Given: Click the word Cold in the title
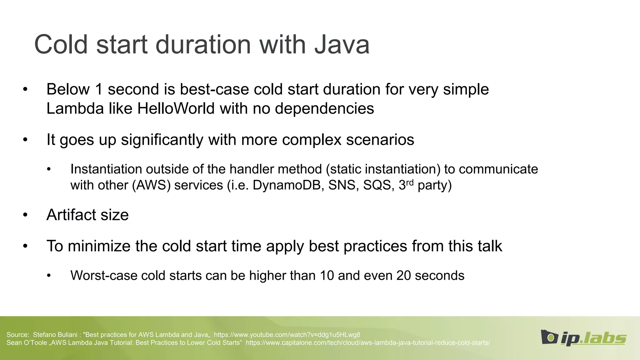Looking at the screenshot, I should tap(61, 45).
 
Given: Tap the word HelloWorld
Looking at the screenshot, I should tap(176, 109).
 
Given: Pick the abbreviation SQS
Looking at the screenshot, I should tap(377, 185).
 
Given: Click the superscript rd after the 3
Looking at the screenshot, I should tap(410, 182).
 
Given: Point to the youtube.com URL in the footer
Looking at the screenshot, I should tap(287, 335).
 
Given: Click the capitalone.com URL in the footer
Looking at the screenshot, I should tap(367, 343).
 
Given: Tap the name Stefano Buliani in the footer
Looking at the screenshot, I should tap(55, 335).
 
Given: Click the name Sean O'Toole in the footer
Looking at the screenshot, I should tap(26, 343).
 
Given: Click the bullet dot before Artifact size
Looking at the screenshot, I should tap(25, 215).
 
